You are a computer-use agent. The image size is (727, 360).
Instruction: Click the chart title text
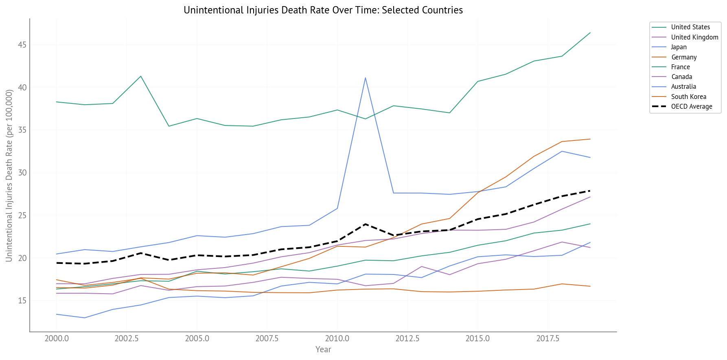tap(323, 10)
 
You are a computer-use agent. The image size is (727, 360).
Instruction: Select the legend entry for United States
tap(690, 27)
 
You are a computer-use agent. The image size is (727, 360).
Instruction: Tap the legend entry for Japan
tap(679, 47)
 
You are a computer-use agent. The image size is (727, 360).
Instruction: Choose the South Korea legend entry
tap(688, 97)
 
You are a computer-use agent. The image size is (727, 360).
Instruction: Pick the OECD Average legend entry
tap(692, 107)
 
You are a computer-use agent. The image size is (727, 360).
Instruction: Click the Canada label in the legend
tap(681, 77)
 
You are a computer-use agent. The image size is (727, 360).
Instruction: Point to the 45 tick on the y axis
tap(22, 45)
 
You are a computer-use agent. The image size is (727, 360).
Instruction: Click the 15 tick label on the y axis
tap(22, 301)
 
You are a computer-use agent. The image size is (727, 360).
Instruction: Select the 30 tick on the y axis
tap(22, 173)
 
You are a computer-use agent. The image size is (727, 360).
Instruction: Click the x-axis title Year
tap(323, 349)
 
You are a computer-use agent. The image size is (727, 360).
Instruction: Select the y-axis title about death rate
tap(9, 176)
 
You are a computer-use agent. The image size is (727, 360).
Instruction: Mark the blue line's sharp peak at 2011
tap(365, 78)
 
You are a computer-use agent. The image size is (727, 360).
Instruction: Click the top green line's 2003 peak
tap(140, 76)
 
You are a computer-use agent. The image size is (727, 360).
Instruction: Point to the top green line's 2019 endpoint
tap(590, 33)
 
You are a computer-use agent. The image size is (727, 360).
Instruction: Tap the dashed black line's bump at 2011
tap(365, 224)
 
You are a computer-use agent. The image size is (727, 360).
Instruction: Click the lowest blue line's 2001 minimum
tap(84, 318)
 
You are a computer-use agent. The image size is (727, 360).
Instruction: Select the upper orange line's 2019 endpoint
tap(590, 139)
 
